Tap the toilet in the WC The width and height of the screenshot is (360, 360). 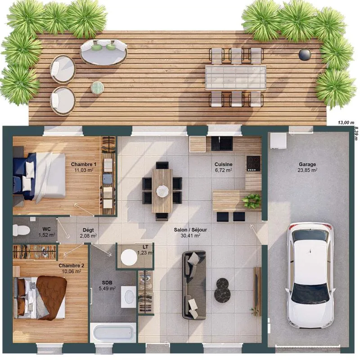tap(21, 230)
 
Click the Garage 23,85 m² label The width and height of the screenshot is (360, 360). tap(308, 167)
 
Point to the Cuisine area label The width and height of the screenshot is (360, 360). tap(223, 167)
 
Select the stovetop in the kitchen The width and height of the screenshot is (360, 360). tap(253, 163)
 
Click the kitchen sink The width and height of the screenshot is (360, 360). tap(222, 144)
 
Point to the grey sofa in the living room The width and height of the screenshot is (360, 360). tap(194, 285)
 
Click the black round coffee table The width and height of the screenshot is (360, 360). tap(222, 290)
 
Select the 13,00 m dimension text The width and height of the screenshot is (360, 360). tap(346, 122)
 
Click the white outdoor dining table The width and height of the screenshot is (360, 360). tap(236, 77)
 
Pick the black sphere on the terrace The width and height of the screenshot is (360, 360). tap(305, 54)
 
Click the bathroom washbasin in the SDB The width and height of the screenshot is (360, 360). tap(129, 297)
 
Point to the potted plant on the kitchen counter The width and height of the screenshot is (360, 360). tap(252, 201)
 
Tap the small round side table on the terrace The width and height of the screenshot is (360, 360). tap(97, 87)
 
